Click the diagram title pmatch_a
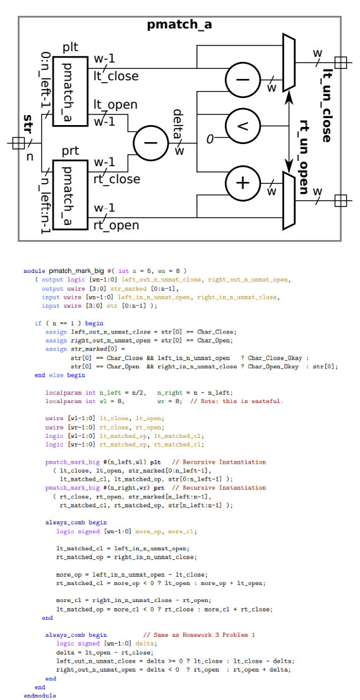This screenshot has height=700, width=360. point(179,25)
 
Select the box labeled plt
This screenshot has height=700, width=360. point(70,92)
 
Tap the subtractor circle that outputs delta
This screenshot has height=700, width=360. point(150,142)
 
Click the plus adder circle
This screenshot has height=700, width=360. point(243,183)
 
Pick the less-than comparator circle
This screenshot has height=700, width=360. point(243,124)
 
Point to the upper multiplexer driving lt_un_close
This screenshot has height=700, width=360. point(289,63)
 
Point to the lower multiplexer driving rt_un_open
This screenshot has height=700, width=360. point(289,200)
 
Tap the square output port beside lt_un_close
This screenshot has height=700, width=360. point(341,62)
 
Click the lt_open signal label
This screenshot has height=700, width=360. point(116,105)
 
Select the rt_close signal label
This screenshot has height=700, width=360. point(117,179)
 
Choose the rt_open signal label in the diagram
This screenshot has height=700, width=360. point(116,224)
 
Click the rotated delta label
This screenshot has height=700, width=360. point(178,124)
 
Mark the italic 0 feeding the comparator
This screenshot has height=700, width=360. point(210,138)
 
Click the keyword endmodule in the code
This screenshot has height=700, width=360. point(40,695)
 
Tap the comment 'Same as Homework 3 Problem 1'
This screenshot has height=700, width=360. point(199,634)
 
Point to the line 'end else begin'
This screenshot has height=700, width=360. point(59,375)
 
